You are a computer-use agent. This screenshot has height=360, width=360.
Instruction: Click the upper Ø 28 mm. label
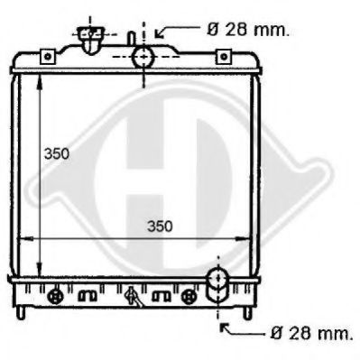pos(248,30)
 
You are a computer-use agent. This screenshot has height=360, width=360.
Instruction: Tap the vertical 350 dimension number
pos(57,154)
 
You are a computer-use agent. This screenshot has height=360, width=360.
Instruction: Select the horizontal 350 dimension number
pos(160,226)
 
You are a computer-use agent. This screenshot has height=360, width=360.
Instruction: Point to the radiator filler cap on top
pos(90,39)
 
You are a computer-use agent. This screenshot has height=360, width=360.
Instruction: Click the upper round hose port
pos(143,57)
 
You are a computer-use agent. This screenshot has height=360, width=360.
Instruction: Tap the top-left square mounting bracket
pos(48,57)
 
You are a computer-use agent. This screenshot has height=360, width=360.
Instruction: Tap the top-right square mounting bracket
pos(224,57)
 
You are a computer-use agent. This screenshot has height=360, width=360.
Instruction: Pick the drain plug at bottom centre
pos(133,297)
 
